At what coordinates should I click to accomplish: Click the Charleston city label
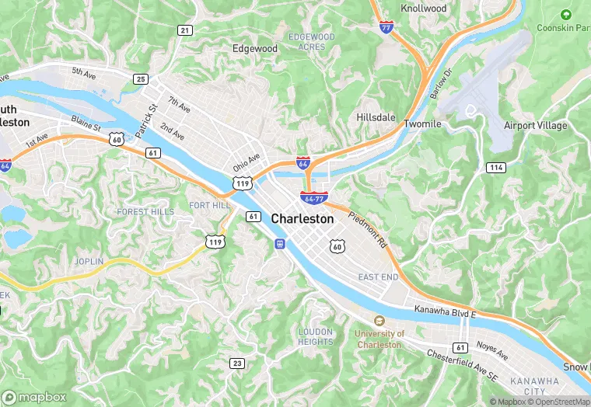pyautogui.click(x=302, y=219)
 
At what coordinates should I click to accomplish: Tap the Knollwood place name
pyautogui.click(x=424, y=9)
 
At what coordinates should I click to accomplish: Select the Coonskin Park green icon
pyautogui.click(x=565, y=14)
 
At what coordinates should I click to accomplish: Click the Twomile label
pyautogui.click(x=422, y=123)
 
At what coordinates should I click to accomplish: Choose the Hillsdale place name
pyautogui.click(x=376, y=117)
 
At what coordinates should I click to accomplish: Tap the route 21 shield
pyautogui.click(x=184, y=30)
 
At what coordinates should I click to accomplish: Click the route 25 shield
pyautogui.click(x=141, y=78)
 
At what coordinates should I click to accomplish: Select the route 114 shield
pyautogui.click(x=495, y=167)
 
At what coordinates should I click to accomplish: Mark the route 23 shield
pyautogui.click(x=237, y=363)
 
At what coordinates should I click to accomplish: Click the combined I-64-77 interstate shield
pyautogui.click(x=313, y=197)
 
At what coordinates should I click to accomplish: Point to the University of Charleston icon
pyautogui.click(x=379, y=321)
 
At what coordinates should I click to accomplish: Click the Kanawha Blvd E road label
pyautogui.click(x=445, y=311)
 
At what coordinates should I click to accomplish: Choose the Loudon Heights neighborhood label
pyautogui.click(x=316, y=336)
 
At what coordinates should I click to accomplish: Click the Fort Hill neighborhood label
pyautogui.click(x=210, y=205)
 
